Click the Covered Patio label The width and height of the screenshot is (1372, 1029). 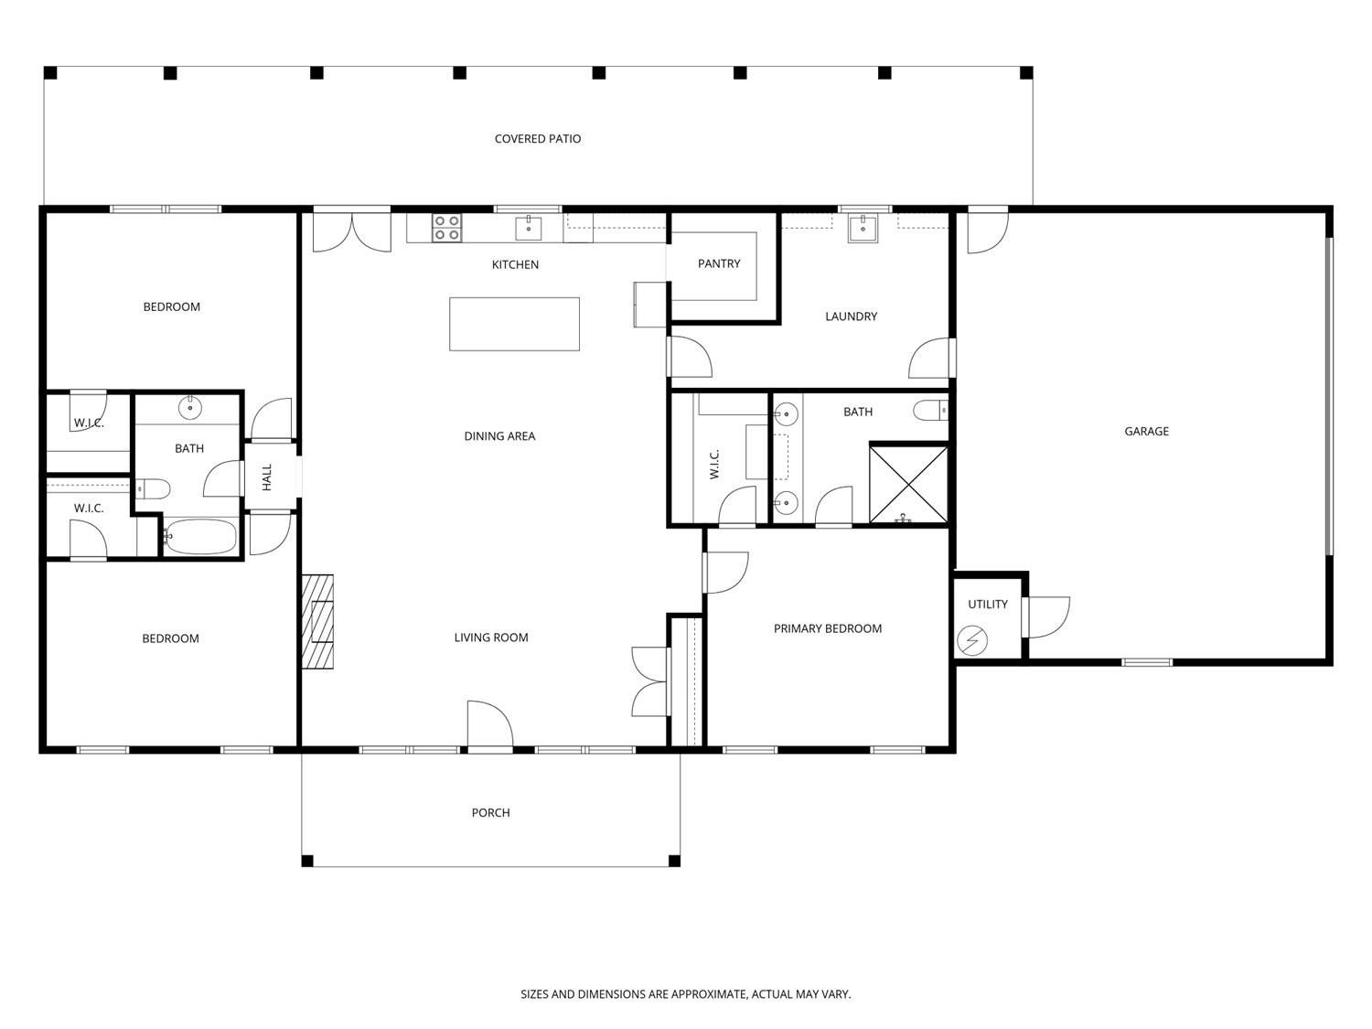point(538,139)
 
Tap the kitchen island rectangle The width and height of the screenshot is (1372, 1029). point(514,324)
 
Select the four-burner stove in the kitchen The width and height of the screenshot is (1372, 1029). point(447,228)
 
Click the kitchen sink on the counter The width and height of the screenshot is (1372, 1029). point(529,228)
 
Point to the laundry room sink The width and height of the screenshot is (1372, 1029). point(863,228)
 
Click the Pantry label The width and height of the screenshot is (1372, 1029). point(719,263)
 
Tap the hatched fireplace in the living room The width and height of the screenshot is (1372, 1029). point(317,622)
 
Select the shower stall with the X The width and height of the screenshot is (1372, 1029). point(908,483)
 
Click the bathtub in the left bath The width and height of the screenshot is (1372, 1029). point(200,536)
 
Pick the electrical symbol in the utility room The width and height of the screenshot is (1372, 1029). point(972,640)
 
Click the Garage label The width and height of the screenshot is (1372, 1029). point(1146,431)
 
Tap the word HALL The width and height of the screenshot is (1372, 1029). point(267,477)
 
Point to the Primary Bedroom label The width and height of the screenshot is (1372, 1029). point(828,628)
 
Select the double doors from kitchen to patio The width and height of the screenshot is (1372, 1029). point(352,232)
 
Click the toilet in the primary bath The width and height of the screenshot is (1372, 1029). point(931,411)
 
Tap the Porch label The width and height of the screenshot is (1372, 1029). point(490,813)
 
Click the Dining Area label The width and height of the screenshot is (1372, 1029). point(499,436)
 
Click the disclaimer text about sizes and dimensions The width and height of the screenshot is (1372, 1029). point(686,994)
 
